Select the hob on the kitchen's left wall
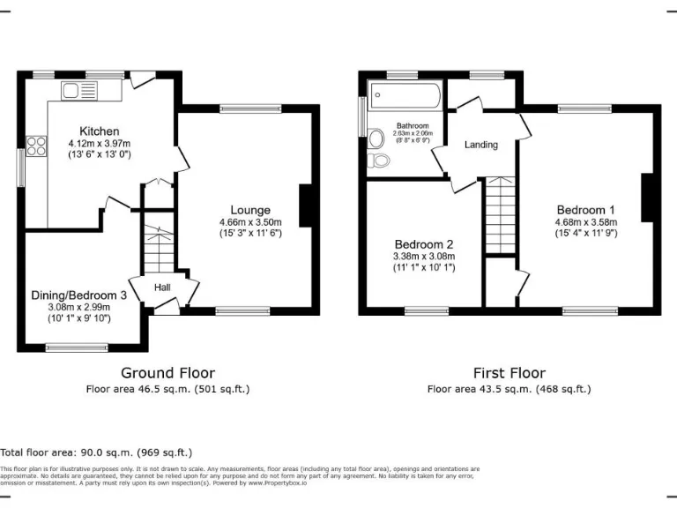click(37, 146)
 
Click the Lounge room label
click(250, 210)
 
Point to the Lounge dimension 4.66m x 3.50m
click(250, 222)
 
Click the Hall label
click(163, 288)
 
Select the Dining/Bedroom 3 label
click(79, 295)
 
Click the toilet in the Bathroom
click(380, 161)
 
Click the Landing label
click(481, 145)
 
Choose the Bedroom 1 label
click(585, 210)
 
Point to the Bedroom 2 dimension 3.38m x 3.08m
click(424, 257)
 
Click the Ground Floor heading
click(167, 373)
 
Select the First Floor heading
click(509, 373)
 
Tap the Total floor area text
click(96, 452)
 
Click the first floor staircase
click(500, 216)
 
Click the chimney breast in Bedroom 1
click(647, 197)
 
